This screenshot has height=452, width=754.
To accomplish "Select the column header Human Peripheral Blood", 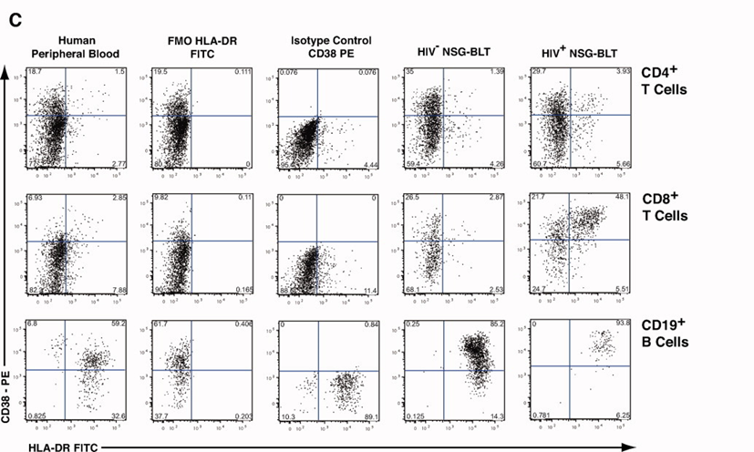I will [77, 46].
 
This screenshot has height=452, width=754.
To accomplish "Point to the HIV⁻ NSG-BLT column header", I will [442, 46].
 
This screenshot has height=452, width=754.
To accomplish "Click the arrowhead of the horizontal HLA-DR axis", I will [628, 447].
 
